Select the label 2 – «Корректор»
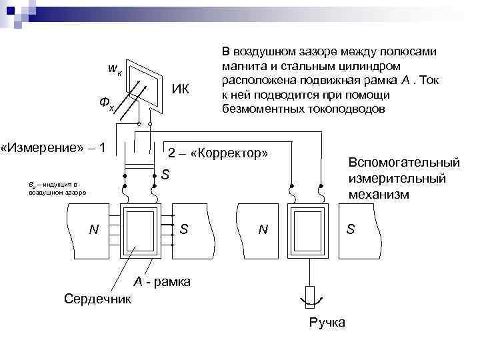pos(218,153)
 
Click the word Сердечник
pos(98,298)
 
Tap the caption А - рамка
pos(162,282)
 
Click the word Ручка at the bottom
pos(327,323)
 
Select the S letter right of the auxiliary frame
pos(351,229)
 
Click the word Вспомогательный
pos(404,163)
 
